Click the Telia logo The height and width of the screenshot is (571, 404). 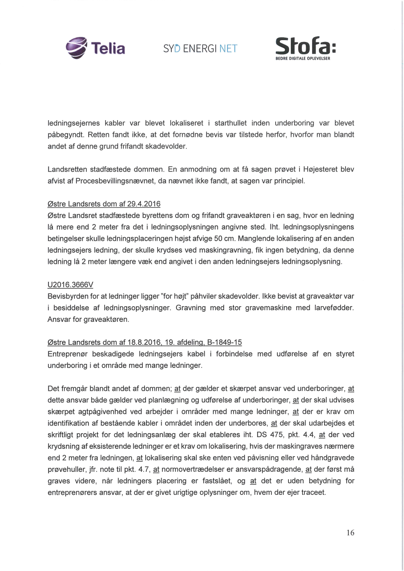tap(95, 47)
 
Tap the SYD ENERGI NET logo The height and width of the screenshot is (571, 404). tap(200, 48)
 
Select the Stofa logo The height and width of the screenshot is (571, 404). tap(306, 48)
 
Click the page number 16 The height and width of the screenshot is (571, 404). tap(350, 532)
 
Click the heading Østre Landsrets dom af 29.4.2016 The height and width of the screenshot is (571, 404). tap(104, 204)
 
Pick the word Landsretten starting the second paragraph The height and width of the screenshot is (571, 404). tap(67, 169)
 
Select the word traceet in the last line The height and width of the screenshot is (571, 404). tap(312, 493)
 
